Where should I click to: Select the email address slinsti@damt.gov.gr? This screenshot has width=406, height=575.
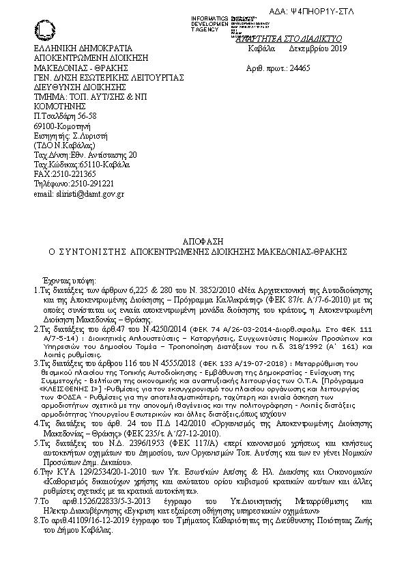[78, 193]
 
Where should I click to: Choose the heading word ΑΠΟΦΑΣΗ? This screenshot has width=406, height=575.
[203, 242]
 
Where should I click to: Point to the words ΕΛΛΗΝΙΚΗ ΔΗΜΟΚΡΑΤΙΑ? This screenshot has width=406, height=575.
[80, 50]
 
